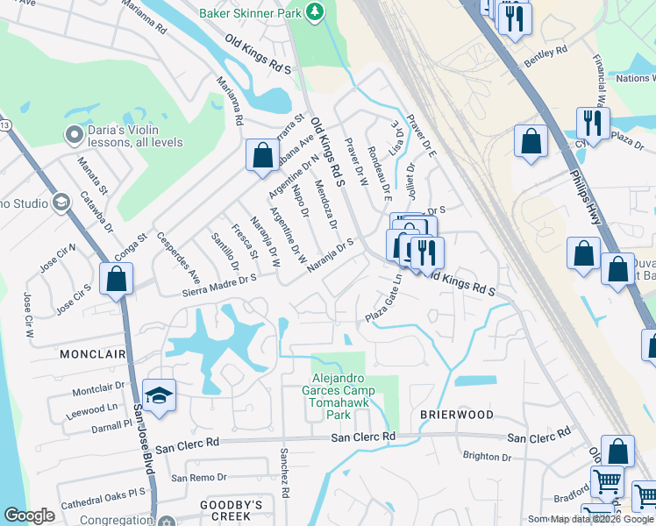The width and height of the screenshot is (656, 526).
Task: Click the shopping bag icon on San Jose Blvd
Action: [x=116, y=281]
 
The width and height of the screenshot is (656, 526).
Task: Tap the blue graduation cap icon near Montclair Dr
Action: [x=159, y=395]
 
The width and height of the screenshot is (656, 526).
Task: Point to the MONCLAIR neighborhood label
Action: [x=93, y=354]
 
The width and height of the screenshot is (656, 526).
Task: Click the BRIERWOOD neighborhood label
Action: [x=456, y=414]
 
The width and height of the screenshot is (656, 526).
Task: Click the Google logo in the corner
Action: [x=29, y=515]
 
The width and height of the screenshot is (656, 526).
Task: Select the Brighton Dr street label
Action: [x=487, y=457]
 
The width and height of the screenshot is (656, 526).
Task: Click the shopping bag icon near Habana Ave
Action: [x=262, y=156]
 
